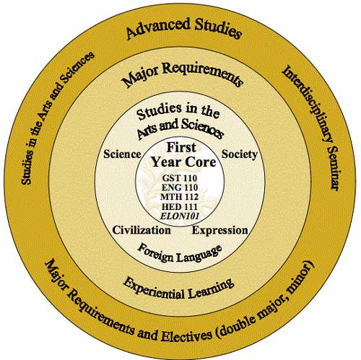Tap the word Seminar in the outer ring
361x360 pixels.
[x=334, y=169]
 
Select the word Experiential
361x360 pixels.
[x=153, y=289]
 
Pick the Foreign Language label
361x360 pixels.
[x=180, y=254]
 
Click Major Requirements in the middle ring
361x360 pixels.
[x=182, y=74]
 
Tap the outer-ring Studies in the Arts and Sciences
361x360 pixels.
[x=57, y=118]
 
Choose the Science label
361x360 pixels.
[x=122, y=154]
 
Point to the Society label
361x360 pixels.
[x=240, y=154]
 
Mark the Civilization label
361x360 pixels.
[x=142, y=230]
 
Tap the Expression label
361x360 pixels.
[x=219, y=230]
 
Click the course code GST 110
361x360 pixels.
[x=180, y=178]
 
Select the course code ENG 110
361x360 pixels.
[x=180, y=188]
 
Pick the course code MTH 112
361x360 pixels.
[x=180, y=197]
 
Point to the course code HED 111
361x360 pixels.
[x=180, y=207]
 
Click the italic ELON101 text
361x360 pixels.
[x=180, y=216]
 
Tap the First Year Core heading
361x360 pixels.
[x=183, y=154]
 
